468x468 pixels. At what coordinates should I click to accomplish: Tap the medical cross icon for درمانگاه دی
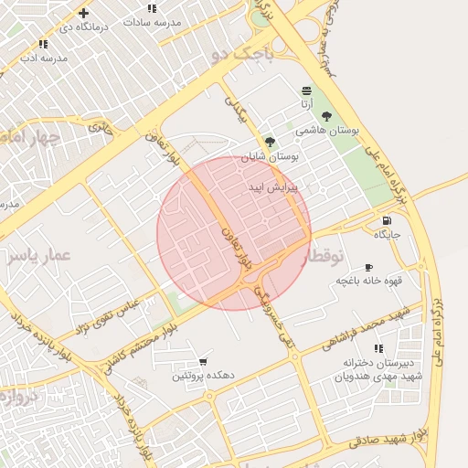83,13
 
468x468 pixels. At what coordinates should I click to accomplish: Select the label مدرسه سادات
151,21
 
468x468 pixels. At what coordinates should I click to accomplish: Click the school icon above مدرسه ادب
43,44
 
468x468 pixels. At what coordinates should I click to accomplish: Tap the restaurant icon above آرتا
305,90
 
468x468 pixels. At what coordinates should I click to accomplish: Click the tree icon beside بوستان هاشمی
326,116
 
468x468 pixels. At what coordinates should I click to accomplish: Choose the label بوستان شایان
271,156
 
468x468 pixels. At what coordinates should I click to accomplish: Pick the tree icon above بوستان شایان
269,142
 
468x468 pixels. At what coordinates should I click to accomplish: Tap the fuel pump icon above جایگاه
388,220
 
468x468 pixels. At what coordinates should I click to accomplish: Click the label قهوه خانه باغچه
369,281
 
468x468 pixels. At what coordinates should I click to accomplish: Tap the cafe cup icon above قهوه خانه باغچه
368,267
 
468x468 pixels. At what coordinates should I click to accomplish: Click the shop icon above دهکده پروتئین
202,363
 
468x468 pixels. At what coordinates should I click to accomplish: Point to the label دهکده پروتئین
203,377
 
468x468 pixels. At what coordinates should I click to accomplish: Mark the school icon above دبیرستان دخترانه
378,348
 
